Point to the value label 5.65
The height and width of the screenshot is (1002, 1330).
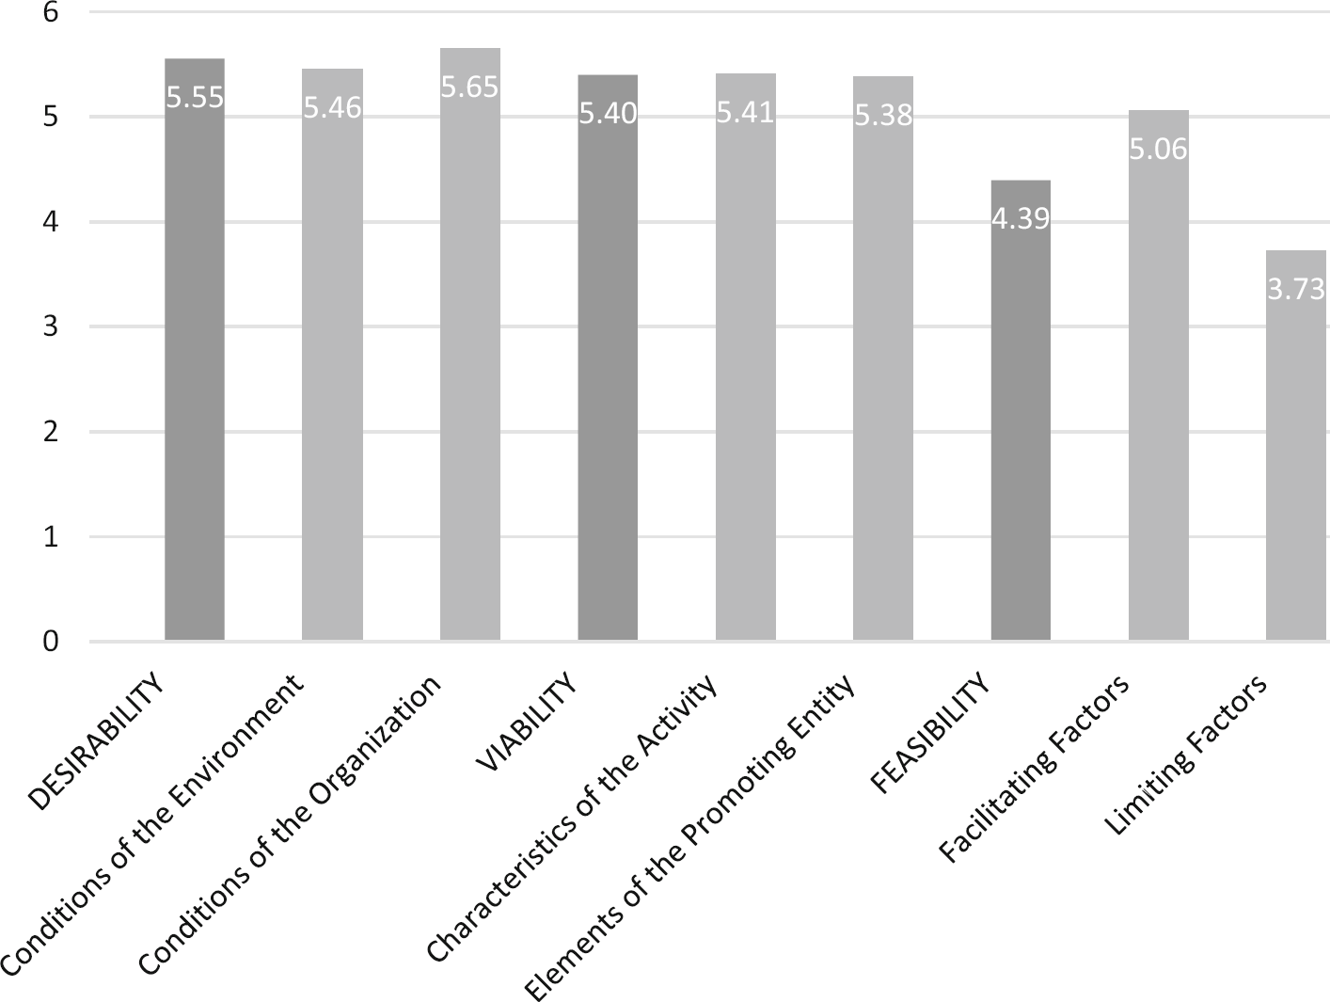470,87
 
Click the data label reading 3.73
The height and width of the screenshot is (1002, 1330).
1296,290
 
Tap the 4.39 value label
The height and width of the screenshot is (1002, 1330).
1021,219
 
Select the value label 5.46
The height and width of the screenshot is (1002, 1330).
332,108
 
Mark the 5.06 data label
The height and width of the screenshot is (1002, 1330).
1158,150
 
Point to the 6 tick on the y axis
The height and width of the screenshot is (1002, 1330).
50,13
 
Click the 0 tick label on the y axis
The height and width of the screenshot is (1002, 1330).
50,642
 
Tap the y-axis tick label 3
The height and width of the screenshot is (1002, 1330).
50,326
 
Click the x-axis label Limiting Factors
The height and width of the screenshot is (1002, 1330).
1187,758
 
